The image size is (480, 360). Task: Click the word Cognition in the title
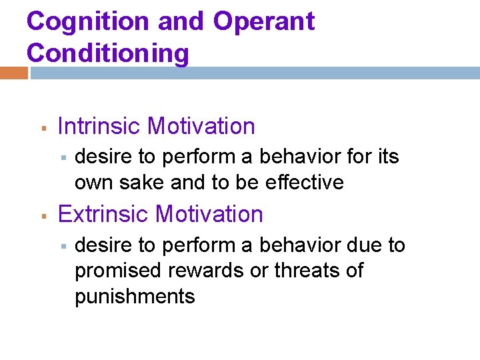point(87,22)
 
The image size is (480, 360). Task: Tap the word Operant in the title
point(263,22)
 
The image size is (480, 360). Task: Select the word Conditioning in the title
point(108,53)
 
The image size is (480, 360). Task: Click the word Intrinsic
point(101,126)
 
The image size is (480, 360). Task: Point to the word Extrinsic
point(103,214)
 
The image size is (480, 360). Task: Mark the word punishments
point(135,296)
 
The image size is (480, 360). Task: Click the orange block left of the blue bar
point(14,72)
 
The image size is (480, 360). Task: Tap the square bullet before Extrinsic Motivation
point(41,215)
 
